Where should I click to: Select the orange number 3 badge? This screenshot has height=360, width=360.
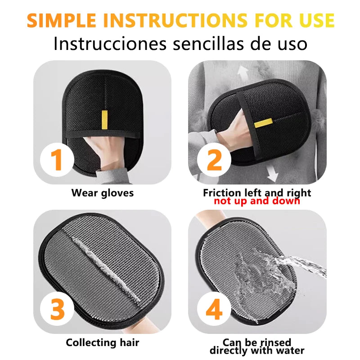tap(57, 310)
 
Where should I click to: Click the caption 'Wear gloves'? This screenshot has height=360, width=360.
tap(103, 193)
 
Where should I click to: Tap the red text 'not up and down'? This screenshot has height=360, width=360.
tap(256, 201)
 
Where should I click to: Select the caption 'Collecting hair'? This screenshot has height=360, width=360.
tap(103, 342)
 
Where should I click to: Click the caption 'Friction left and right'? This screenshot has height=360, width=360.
tap(256, 193)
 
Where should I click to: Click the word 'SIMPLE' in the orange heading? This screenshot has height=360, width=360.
tap(65, 21)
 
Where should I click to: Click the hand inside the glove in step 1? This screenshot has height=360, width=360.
tap(100, 153)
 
